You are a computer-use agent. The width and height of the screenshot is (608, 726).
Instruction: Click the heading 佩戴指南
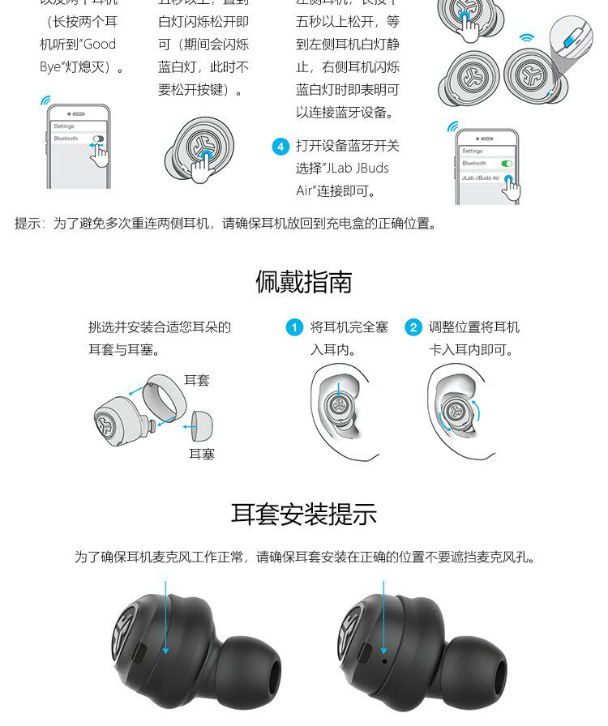304,282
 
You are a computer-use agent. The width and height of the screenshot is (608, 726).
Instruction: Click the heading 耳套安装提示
304,514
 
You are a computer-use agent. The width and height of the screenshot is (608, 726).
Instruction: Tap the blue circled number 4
280,147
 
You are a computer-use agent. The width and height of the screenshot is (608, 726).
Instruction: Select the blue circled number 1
294,327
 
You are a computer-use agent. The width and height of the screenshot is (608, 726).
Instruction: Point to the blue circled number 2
413,327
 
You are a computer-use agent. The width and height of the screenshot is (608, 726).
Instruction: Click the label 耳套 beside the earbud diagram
197,380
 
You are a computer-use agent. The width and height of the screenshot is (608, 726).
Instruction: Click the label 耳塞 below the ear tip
202,454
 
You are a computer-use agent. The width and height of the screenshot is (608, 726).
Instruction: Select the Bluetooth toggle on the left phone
98,139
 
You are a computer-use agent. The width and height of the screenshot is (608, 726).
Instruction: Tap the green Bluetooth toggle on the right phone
507,164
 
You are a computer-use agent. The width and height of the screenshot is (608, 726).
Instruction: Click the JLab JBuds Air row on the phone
486,177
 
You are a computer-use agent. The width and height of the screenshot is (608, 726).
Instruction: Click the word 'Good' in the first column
100,45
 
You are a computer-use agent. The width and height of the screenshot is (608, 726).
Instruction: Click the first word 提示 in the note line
30,224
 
